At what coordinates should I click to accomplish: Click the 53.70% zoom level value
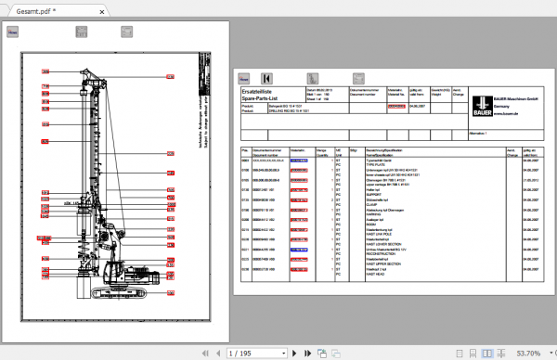(x=527, y=353)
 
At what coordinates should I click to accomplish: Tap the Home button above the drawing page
(x=14, y=32)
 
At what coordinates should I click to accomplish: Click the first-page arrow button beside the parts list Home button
(x=267, y=79)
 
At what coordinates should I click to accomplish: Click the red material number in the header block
(x=396, y=106)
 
